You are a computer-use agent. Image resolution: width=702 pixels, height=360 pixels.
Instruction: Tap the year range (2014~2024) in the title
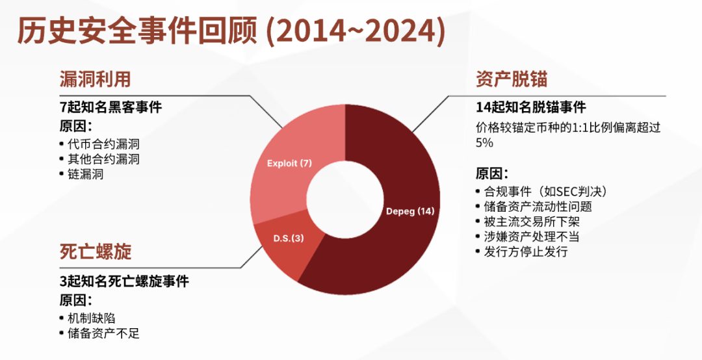coord(356,32)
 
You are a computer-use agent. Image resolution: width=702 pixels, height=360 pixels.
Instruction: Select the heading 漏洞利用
coord(95,79)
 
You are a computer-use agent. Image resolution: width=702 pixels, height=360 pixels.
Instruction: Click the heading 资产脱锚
coord(512,79)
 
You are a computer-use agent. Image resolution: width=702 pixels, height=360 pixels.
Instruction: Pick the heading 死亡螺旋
coord(95,251)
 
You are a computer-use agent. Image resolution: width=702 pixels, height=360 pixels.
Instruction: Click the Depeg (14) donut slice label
coord(409,211)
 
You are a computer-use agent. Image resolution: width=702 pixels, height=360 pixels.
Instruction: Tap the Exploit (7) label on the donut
coord(289,163)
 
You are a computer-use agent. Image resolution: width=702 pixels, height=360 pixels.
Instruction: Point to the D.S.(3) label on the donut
coord(288,238)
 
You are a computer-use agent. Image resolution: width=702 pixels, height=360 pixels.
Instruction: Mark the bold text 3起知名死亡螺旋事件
coord(124,281)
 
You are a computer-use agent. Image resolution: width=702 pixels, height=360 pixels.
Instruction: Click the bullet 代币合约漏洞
coord(104,144)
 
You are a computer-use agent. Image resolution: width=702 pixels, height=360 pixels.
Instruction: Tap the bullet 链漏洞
coord(86,174)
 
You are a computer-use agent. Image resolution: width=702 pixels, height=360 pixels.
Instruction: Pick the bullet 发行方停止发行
coord(526,251)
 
